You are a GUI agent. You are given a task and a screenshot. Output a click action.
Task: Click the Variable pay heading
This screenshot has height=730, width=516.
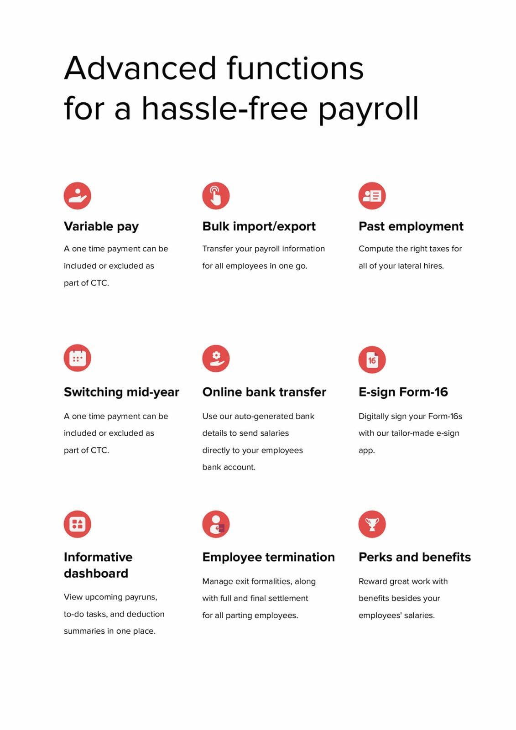[101, 226]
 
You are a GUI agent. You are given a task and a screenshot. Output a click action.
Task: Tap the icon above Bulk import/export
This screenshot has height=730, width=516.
[216, 196]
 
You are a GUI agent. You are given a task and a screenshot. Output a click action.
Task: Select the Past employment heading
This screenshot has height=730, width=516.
[411, 226]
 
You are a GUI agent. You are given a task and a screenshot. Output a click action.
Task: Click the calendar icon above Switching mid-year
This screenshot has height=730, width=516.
[78, 358]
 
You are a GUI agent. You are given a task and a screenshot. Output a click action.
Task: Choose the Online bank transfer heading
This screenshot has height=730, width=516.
[264, 392]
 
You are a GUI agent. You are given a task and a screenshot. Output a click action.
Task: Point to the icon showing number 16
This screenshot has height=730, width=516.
[372, 360]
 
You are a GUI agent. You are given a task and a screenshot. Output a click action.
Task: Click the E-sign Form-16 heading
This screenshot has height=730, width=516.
[403, 392]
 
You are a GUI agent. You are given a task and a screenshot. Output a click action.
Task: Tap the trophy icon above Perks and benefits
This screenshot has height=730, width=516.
[372, 524]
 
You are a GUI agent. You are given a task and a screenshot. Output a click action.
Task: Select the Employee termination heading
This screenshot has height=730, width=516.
[268, 557]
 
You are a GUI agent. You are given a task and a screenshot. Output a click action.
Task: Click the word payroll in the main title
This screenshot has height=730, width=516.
[368, 109]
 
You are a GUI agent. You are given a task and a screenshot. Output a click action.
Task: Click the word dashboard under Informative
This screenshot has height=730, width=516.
[96, 573]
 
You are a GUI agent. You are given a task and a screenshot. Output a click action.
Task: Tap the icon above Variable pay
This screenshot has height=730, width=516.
[78, 196]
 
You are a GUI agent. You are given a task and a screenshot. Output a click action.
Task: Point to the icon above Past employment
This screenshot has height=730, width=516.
[372, 196]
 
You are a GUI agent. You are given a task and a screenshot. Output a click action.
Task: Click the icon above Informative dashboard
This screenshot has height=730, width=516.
[78, 524]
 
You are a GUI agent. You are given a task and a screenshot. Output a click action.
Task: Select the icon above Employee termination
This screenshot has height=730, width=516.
[216, 524]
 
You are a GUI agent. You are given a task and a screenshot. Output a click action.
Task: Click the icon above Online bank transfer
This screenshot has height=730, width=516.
[216, 358]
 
